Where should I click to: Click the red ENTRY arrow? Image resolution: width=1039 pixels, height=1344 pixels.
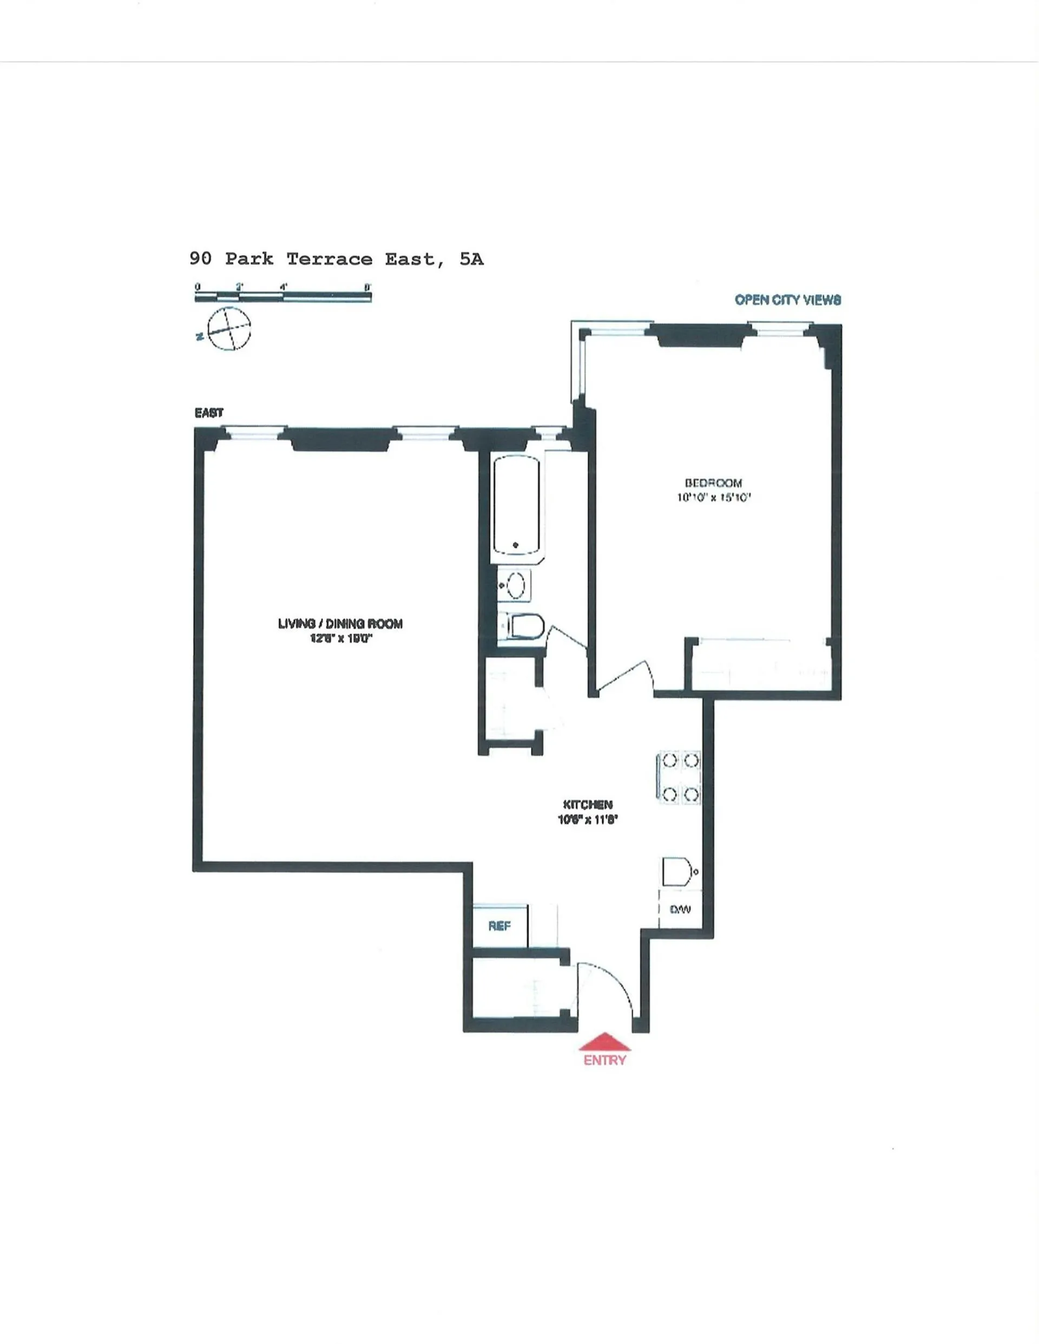coord(604,1041)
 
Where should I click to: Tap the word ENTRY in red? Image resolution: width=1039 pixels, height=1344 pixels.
coord(604,1060)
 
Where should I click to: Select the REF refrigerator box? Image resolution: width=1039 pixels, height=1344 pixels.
coord(499,925)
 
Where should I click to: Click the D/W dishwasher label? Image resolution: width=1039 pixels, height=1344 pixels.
coord(680,909)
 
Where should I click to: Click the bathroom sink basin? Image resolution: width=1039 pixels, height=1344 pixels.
coord(516,585)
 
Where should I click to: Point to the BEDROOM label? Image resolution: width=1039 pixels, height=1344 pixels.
coord(714,483)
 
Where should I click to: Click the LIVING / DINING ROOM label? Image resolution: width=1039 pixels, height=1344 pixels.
coord(340,623)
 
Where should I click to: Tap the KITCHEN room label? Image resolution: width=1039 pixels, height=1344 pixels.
coord(588,804)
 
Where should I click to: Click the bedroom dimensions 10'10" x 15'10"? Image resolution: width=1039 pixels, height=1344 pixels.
coord(714,497)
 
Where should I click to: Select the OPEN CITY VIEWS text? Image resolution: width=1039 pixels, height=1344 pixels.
coord(787,299)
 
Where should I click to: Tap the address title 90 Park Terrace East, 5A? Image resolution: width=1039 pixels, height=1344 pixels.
coord(337,259)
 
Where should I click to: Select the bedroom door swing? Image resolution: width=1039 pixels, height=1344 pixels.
coord(624,677)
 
